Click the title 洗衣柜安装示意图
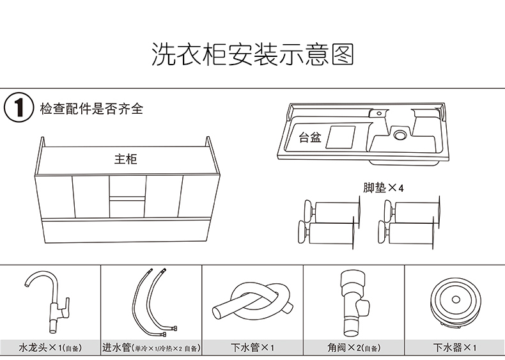(252, 55)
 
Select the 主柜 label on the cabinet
(126, 159)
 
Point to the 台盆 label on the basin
(310, 137)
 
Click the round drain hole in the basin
(401, 135)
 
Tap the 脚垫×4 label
(384, 188)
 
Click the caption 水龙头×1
(50, 348)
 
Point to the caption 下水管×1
(252, 348)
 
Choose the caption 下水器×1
(454, 348)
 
